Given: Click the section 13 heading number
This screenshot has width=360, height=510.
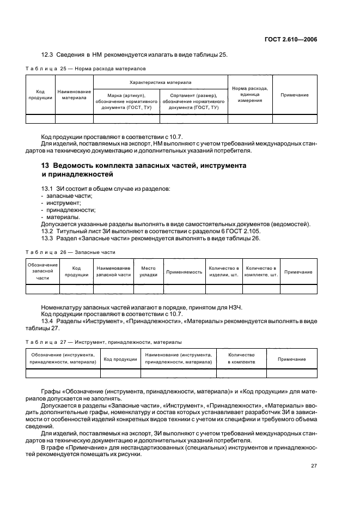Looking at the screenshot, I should (46, 165).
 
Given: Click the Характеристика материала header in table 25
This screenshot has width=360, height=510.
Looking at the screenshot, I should (160, 82).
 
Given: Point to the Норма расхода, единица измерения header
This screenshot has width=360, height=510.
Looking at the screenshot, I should (249, 95).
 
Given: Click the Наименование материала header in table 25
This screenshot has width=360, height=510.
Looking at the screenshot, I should (74, 95).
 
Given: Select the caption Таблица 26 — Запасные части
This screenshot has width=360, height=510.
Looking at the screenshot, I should (71, 252).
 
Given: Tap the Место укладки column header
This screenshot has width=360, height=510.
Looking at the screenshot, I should (148, 271).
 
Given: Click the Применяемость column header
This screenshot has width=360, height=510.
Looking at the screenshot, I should (184, 271).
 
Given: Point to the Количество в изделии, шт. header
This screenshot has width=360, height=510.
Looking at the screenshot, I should (223, 271).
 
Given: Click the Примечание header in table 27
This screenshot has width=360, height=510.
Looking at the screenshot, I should (291, 359).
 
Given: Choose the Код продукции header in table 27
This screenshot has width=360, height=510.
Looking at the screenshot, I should (120, 359).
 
